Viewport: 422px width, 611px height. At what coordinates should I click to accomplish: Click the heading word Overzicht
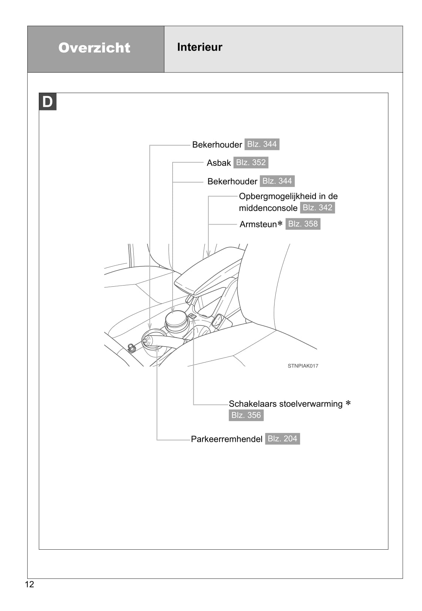(x=94, y=48)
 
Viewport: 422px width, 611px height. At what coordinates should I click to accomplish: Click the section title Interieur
(x=200, y=47)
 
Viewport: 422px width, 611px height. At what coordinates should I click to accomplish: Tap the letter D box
(x=47, y=102)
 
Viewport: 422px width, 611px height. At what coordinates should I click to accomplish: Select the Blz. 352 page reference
(x=251, y=163)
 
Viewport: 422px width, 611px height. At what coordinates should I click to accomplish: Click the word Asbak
(x=218, y=163)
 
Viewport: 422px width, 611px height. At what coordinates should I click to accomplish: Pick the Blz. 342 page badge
(x=317, y=208)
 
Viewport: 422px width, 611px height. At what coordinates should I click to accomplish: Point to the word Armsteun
(x=258, y=224)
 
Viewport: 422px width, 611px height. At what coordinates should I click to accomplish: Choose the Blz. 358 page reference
(x=303, y=224)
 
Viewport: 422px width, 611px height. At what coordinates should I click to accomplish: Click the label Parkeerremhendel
(x=227, y=439)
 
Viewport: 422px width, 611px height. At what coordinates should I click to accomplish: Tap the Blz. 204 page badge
(x=282, y=438)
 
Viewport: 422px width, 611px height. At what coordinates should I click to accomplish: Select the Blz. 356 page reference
(x=246, y=415)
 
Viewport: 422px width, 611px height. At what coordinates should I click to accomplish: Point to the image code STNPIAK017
(x=303, y=366)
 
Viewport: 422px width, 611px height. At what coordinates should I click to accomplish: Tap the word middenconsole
(x=268, y=208)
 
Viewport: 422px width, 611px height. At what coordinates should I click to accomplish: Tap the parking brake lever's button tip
(x=145, y=341)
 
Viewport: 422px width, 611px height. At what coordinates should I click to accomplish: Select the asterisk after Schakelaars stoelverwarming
(x=348, y=403)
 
